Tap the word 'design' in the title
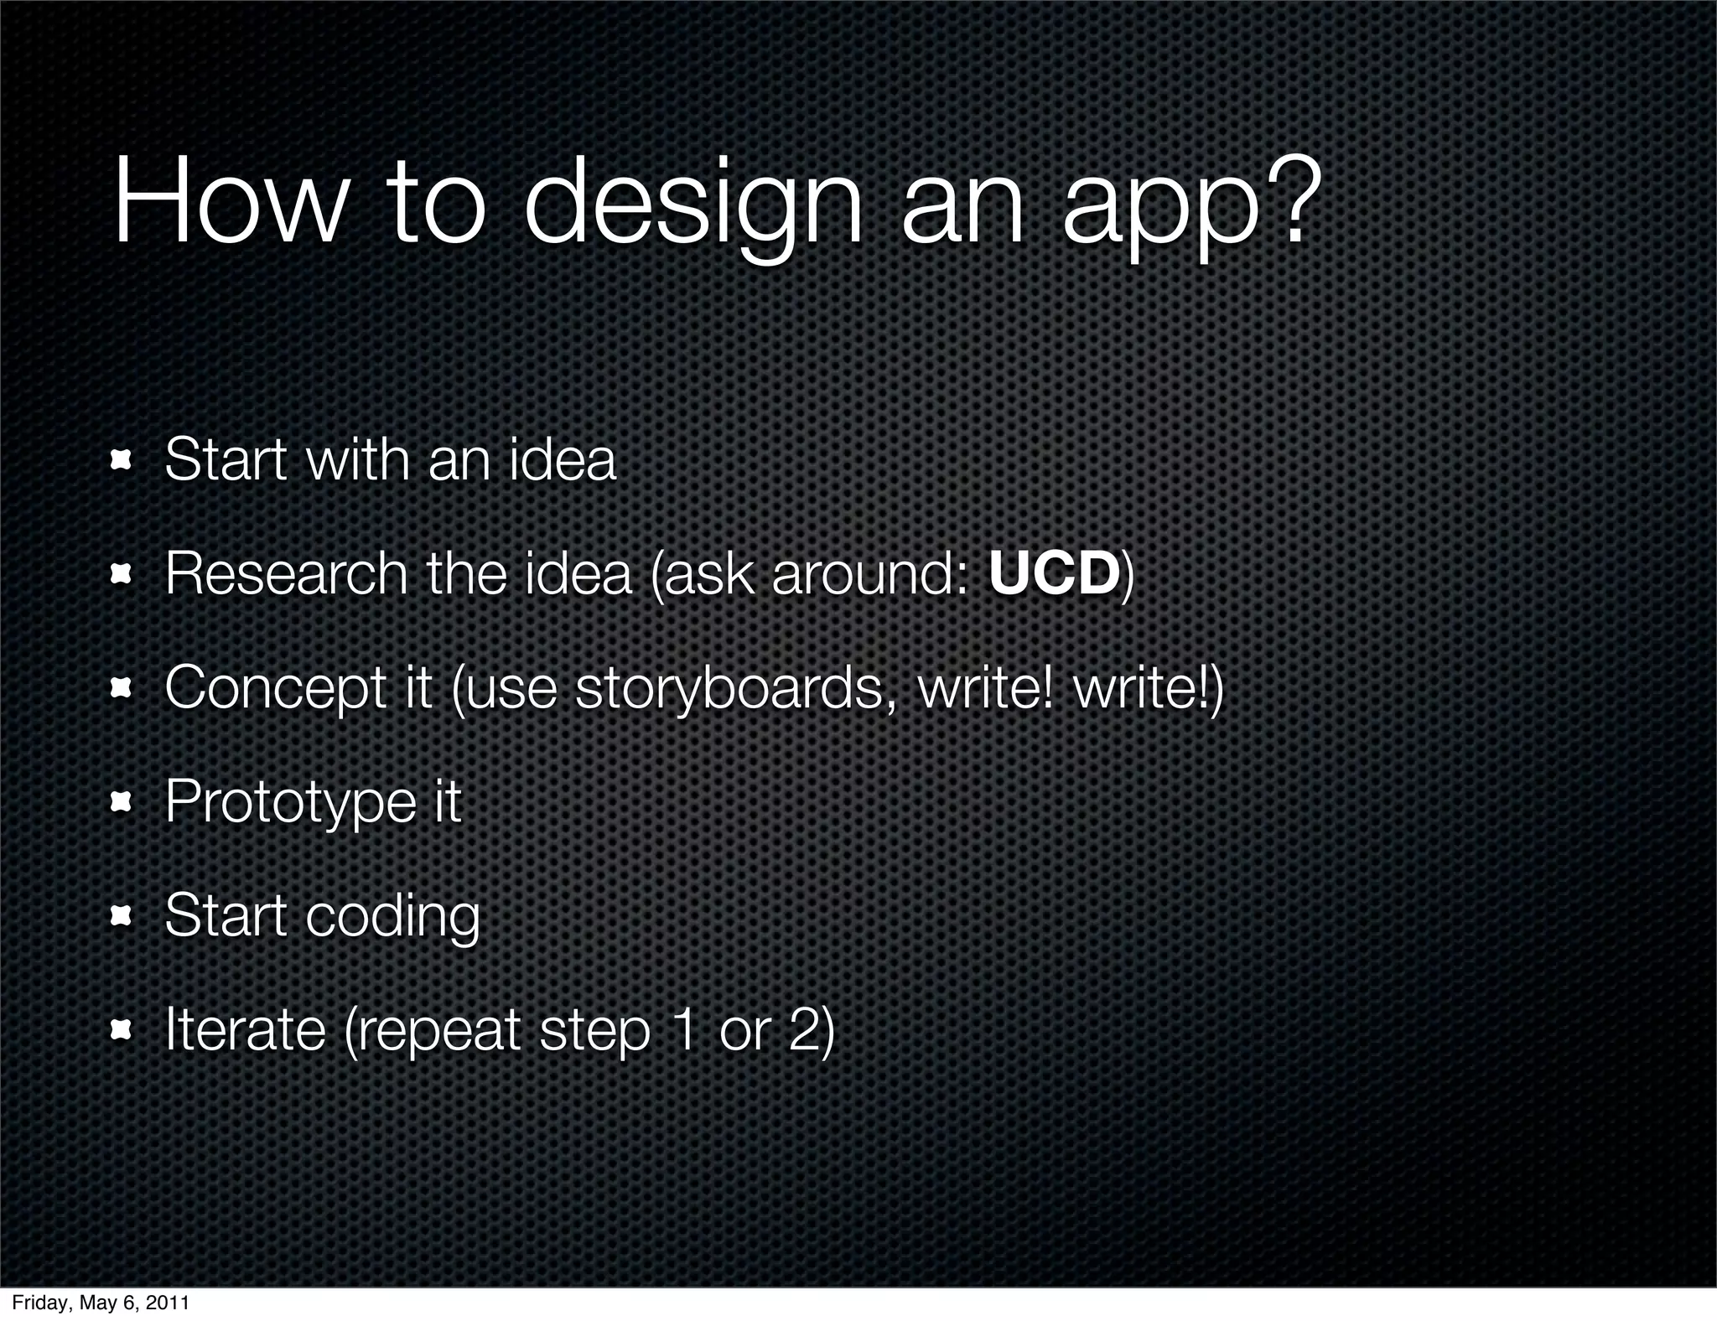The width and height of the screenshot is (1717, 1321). coord(693,210)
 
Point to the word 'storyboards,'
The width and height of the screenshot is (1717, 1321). coord(736,689)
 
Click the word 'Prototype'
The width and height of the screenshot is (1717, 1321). coord(290,803)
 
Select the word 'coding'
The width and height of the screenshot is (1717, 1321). coord(392,917)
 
